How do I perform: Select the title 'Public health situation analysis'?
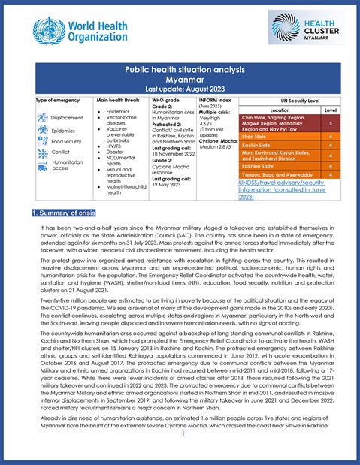(180, 68)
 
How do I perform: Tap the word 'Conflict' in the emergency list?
(62, 152)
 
